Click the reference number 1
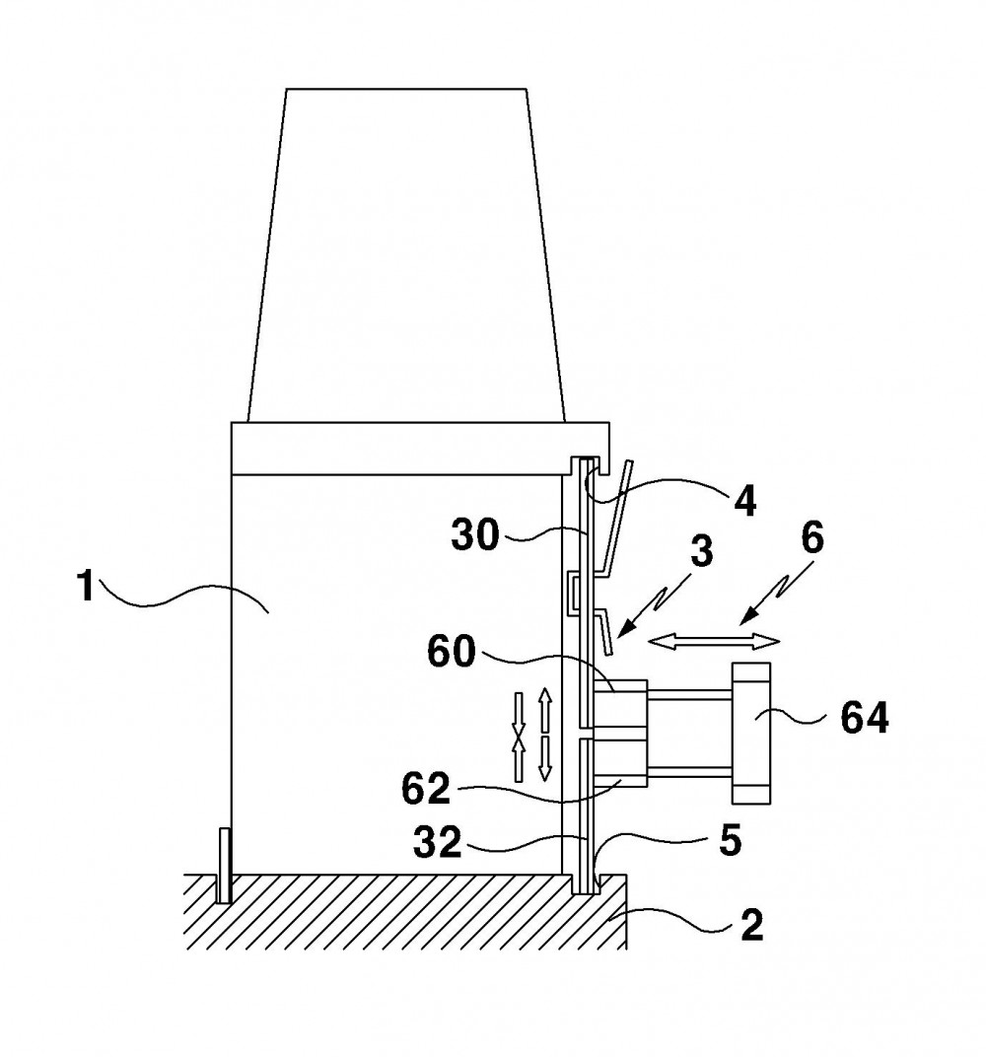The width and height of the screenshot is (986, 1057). pos(85,585)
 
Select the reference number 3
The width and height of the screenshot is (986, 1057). pos(702,551)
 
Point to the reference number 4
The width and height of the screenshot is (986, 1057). pos(744,500)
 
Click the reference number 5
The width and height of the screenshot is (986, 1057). pos(730,841)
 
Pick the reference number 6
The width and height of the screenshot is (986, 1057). pos(811,539)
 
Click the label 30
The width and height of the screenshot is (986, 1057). pos(475,536)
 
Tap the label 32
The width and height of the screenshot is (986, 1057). pos(438,843)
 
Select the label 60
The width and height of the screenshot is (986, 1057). pos(452,652)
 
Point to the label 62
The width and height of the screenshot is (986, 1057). pos(426,789)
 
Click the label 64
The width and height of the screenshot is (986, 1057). pos(865,719)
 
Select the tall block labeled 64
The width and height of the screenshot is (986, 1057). pos(750,734)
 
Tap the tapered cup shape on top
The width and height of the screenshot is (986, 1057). pos(406,255)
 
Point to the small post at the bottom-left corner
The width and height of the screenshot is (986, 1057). pos(225,867)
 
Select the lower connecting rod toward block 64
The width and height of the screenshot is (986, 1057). pos(689,772)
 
